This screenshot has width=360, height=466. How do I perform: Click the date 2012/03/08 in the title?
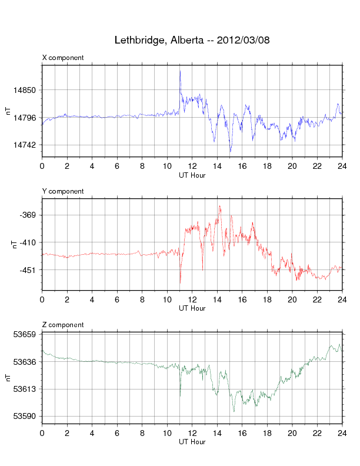[x=244, y=41]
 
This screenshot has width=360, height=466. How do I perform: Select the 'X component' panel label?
[x=63, y=58]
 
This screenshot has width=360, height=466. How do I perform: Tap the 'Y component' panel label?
[x=63, y=191]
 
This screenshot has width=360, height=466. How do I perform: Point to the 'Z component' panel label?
[x=63, y=325]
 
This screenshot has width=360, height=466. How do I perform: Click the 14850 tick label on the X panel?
[x=26, y=90]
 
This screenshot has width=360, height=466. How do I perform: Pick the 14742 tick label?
[x=26, y=145]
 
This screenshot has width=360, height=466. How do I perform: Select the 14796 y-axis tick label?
[x=26, y=118]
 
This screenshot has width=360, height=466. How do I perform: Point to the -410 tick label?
[x=29, y=242]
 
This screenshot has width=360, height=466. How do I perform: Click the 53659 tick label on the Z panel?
[x=26, y=334]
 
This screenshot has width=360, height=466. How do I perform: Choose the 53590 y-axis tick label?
[x=26, y=416]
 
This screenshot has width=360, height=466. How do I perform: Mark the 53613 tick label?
[x=26, y=389]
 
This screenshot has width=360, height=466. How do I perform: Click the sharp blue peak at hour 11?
[x=180, y=71]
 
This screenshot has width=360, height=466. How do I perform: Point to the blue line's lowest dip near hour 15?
[x=231, y=151]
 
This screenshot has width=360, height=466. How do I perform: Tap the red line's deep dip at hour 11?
[x=180, y=283]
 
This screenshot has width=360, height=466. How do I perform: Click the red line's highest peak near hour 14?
[x=220, y=207]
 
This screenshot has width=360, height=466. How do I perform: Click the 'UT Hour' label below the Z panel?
[x=192, y=441]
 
